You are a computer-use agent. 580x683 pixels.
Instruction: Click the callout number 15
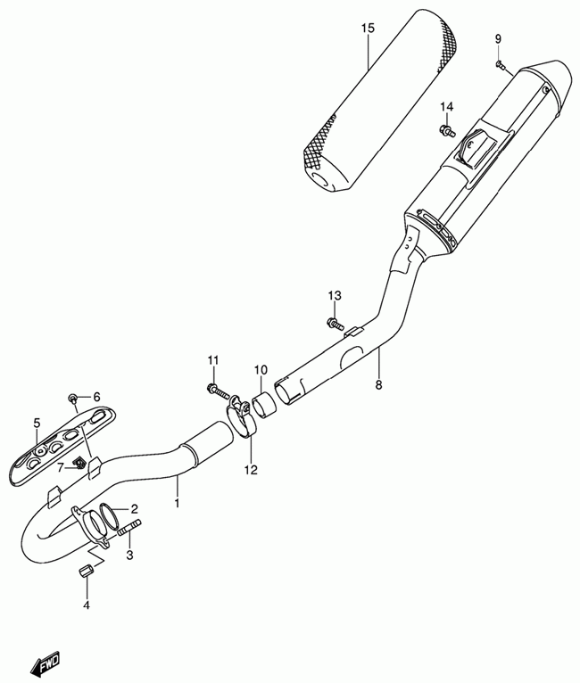pos(367,29)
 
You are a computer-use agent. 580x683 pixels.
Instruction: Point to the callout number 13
pos(334,296)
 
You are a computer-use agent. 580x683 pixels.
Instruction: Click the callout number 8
pos(378,385)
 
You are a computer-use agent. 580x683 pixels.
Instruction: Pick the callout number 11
pos(213,360)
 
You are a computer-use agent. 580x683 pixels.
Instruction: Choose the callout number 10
pos(260,370)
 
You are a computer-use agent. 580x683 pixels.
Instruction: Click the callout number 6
pos(96,397)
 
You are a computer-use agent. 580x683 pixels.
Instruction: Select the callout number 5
pos(37,423)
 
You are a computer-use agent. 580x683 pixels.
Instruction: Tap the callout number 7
pos(61,467)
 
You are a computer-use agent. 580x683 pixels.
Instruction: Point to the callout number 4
pos(87,606)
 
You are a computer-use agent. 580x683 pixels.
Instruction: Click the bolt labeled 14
pos(444,131)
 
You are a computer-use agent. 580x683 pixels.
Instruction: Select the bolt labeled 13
pos(334,322)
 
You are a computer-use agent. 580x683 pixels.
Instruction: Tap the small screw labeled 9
pos(501,64)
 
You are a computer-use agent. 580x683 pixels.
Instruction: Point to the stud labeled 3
pos(125,537)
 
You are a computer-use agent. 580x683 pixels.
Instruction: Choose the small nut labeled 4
pos(87,572)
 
